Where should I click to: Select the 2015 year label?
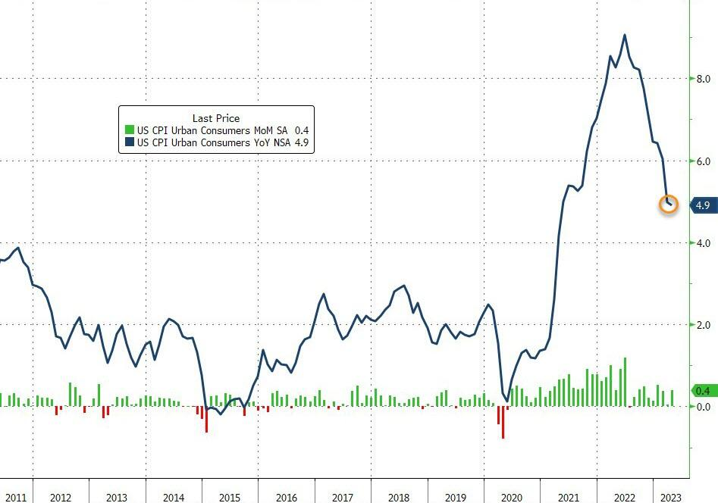[229, 498]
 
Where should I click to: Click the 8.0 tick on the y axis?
[703, 79]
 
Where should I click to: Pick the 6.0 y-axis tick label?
[703, 161]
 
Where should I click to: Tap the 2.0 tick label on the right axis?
[703, 325]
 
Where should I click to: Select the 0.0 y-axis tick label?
[703, 407]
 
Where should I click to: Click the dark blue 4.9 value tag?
[701, 205]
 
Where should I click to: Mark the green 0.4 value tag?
[701, 391]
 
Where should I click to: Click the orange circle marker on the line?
[669, 204]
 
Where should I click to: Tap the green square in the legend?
[129, 130]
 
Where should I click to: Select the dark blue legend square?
[129, 142]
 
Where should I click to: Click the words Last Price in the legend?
[216, 118]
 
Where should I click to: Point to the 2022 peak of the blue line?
[624, 35]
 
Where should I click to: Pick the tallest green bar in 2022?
[625, 382]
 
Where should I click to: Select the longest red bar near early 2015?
[206, 419]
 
